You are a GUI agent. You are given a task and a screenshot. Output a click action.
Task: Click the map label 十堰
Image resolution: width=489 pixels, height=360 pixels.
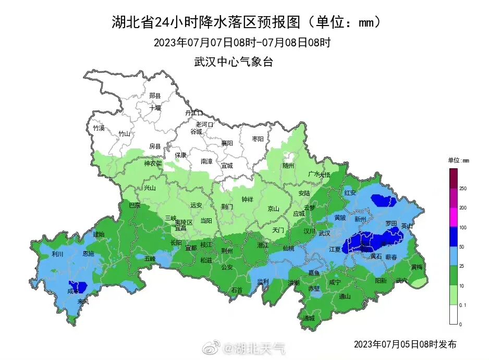155,108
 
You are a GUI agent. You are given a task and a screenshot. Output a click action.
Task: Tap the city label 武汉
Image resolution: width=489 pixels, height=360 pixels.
324,233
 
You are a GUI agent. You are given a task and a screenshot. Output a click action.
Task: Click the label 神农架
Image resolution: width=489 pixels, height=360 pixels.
153,163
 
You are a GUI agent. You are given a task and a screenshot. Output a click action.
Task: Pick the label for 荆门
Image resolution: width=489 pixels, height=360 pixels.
227,206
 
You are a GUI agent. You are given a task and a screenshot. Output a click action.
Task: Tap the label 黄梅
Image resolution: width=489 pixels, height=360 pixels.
417,267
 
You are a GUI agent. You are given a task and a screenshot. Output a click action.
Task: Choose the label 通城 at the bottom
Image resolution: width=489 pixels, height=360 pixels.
308,318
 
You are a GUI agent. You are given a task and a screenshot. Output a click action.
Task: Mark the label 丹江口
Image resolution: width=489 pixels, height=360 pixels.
193,113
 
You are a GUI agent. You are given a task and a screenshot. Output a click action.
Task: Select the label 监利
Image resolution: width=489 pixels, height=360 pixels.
263,281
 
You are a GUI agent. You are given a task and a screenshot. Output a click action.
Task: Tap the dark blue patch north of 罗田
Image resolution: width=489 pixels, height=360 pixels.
383,200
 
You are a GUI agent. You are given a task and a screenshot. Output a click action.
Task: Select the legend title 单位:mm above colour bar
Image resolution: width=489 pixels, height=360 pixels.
459,160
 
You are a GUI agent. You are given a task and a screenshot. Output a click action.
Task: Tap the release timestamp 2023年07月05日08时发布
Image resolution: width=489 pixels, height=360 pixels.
405,344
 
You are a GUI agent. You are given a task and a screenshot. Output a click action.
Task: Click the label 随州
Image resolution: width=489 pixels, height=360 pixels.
288,165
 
